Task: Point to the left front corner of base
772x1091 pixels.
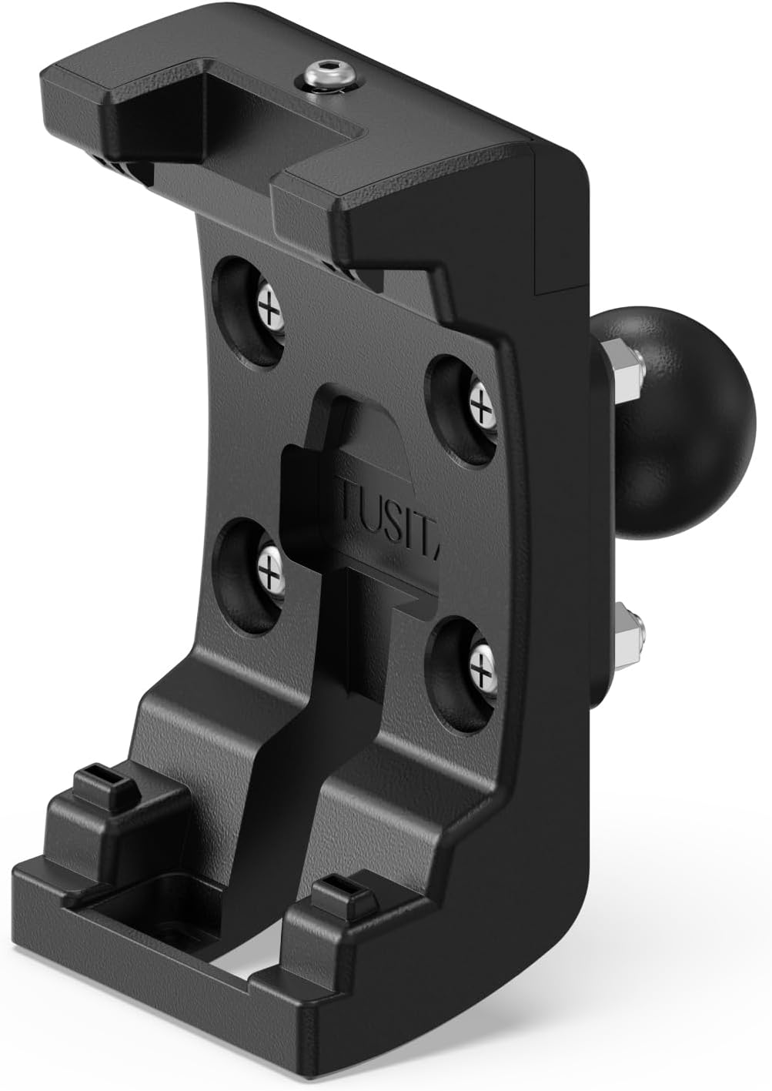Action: [23, 878]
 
